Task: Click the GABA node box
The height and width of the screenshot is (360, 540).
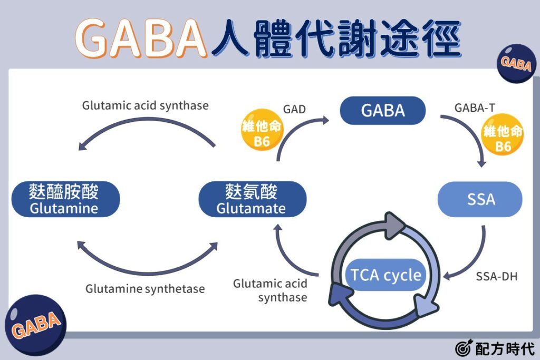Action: pyautogui.click(x=383, y=111)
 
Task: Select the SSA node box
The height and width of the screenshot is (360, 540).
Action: pyautogui.click(x=480, y=200)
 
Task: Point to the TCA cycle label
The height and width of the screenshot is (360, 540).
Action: pyautogui.click(x=386, y=275)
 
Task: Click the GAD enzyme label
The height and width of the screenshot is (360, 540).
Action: pyautogui.click(x=294, y=110)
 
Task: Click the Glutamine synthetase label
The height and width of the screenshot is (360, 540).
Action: pyautogui.click(x=145, y=289)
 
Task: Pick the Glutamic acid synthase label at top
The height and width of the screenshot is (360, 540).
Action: pyautogui.click(x=145, y=105)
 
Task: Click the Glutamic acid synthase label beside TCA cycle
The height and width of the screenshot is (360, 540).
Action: pyautogui.click(x=270, y=290)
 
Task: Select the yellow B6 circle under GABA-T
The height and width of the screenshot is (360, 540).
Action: pyautogui.click(x=503, y=138)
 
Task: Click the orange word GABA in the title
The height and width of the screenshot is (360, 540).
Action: pyautogui.click(x=141, y=39)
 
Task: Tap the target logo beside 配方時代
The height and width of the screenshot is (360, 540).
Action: pyautogui.click(x=462, y=348)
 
